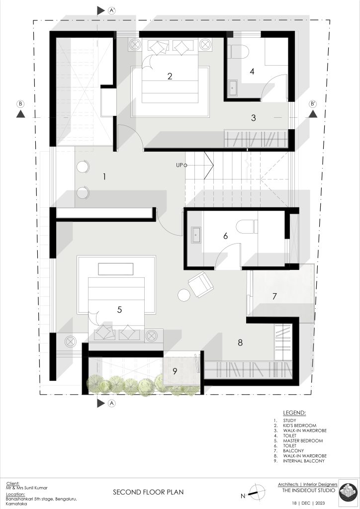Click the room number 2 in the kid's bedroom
point(170,76)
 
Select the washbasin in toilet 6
point(196,235)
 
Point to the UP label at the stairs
point(179,165)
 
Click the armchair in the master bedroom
point(200,284)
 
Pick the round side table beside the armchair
point(184,295)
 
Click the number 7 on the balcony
point(274,296)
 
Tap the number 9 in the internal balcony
point(175,371)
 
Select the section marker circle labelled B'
point(313,104)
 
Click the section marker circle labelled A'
point(112,11)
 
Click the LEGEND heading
point(294,413)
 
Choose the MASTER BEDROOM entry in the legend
point(303,440)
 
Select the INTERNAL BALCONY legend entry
point(304,461)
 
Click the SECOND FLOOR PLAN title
point(148,493)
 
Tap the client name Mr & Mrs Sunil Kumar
point(27,488)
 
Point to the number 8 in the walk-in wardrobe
point(240,342)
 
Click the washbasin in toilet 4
point(232,87)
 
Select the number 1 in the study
point(104,177)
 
